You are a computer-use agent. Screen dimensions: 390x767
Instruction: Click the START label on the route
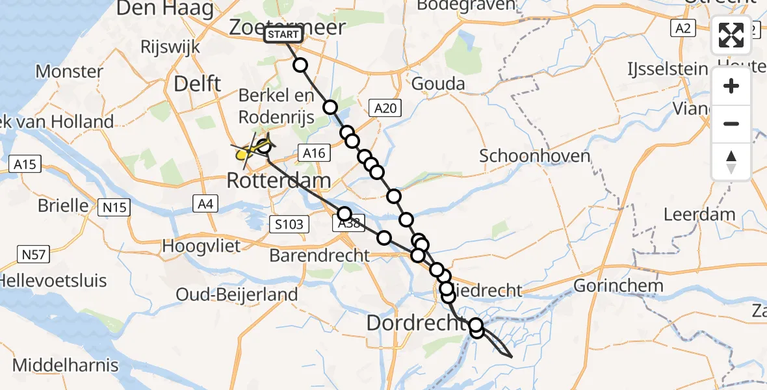click(283, 34)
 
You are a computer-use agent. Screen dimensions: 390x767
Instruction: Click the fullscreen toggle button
click(731, 35)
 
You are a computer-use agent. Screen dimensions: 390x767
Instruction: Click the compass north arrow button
click(731, 162)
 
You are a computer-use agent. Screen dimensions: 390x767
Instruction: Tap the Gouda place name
click(439, 84)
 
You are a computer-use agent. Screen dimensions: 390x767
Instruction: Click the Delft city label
click(197, 84)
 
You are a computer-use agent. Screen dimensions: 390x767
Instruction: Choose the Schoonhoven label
click(526, 156)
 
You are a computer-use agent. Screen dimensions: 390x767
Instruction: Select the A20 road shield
click(385, 109)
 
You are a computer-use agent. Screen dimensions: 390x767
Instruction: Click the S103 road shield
click(287, 225)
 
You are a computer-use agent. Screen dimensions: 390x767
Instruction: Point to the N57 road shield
click(33, 254)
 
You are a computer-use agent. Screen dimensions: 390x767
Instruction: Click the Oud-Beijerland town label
click(237, 294)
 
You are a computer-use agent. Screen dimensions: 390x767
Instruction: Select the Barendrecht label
click(319, 255)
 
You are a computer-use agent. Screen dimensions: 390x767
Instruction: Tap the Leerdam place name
click(699, 214)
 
